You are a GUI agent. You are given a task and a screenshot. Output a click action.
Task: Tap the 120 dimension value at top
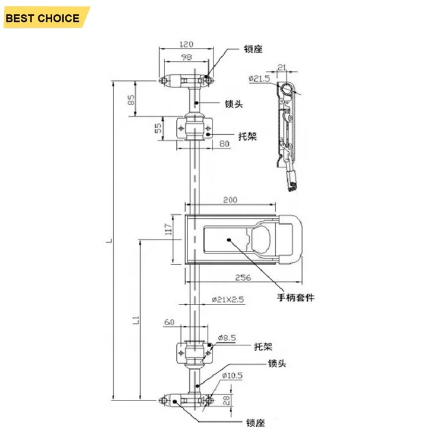point(186,44)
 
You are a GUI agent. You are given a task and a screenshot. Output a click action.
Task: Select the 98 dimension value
point(186,57)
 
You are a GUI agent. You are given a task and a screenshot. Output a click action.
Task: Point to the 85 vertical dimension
point(131,100)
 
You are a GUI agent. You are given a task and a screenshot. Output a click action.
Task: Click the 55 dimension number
point(158,128)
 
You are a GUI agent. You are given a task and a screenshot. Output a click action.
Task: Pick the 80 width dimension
point(224,144)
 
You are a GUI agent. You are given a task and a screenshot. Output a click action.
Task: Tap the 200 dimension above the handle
point(230,200)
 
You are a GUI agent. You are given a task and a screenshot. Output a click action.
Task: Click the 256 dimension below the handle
point(243,277)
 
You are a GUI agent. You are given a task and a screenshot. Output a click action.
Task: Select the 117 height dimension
point(169,229)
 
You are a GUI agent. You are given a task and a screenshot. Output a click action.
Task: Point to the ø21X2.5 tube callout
point(228,300)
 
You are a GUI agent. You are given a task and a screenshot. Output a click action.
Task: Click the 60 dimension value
point(169,322)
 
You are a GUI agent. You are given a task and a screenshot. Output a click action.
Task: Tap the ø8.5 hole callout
point(227,338)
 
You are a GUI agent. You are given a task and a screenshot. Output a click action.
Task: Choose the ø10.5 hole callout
point(233,376)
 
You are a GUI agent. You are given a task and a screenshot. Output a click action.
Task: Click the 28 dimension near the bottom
point(227,401)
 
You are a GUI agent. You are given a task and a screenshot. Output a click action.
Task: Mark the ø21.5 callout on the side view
point(259,78)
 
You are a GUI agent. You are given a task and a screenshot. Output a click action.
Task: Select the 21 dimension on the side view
point(281,67)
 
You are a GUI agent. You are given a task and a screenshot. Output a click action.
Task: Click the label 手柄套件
point(295,297)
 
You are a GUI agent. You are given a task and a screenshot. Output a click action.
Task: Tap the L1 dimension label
point(136,320)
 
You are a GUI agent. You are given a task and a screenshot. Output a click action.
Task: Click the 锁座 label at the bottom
point(255,423)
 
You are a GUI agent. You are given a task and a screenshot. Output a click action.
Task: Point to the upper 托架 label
point(247,136)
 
